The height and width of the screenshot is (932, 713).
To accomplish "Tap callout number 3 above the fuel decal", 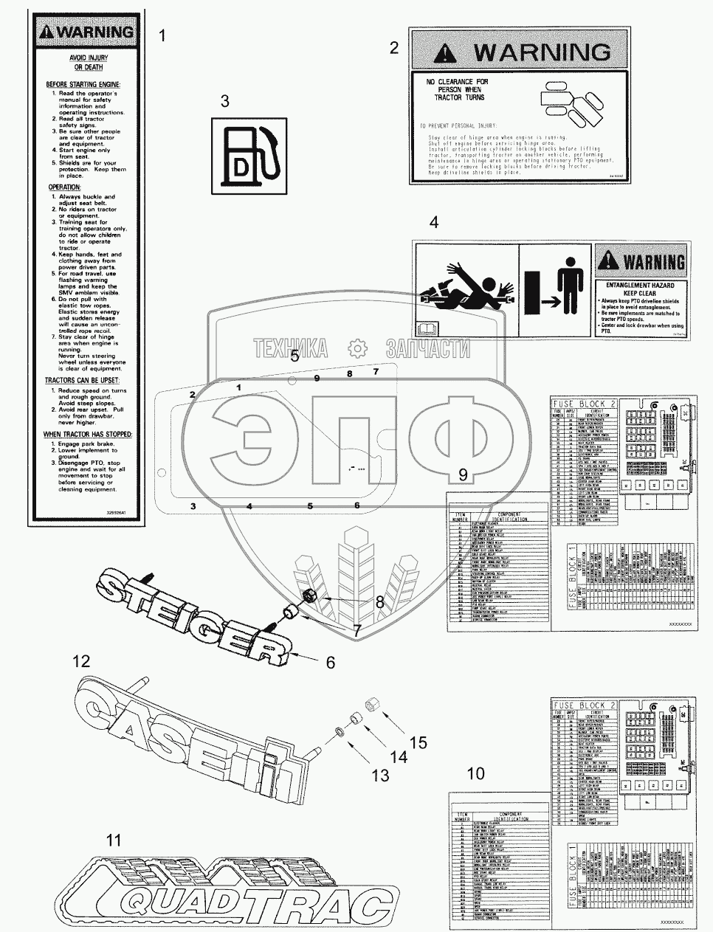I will click(x=225, y=102).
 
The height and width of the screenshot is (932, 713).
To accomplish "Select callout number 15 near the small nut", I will click(x=418, y=742).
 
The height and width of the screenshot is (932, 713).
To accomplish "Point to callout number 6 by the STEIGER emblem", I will click(x=330, y=662).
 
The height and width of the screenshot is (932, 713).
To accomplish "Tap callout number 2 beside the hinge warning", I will click(x=394, y=48).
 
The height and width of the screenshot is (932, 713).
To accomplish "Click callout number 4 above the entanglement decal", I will click(x=434, y=221).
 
